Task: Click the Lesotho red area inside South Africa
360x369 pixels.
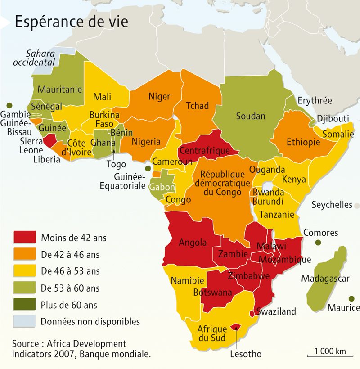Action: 235,327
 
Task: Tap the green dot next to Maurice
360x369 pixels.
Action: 351,298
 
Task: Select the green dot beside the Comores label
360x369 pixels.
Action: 319,243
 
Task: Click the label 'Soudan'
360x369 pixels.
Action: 251,116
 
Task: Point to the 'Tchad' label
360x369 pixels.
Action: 197,106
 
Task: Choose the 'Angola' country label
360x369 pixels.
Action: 193,243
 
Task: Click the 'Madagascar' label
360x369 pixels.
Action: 325,279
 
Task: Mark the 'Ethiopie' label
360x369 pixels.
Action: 303,142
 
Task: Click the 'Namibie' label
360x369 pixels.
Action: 187,281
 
